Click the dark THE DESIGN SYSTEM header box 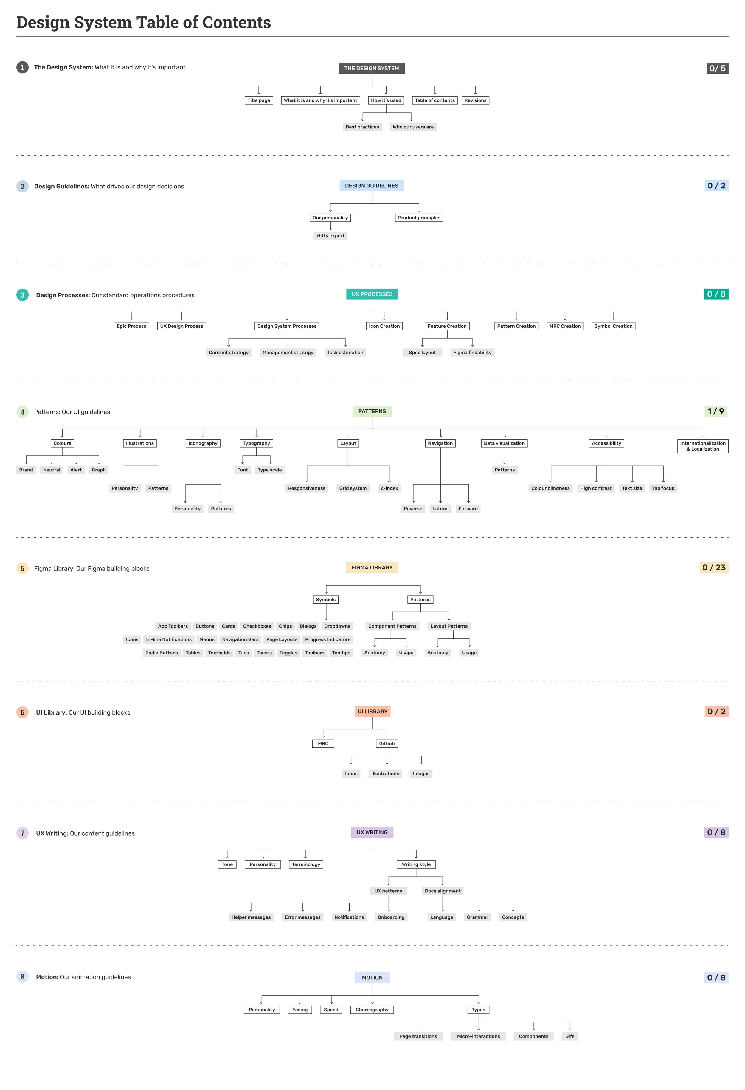click(372, 69)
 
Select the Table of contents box click(434, 100)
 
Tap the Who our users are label click(413, 127)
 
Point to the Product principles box click(419, 218)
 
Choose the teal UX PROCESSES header click(372, 294)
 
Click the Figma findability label click(472, 353)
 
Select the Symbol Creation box click(613, 327)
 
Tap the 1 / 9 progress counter click(715, 411)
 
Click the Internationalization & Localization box click(702, 446)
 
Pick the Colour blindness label click(550, 488)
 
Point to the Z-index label click(389, 488)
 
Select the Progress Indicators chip click(328, 640)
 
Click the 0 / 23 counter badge click(714, 568)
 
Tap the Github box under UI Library click(387, 743)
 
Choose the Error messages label click(302, 917)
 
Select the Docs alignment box click(443, 891)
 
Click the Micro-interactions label click(479, 1037)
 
